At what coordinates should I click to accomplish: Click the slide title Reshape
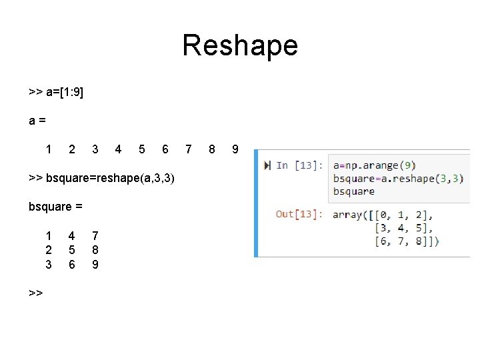[x=240, y=45]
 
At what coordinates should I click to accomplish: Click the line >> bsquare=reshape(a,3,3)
[x=102, y=178]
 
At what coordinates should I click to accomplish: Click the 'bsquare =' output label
[x=55, y=206]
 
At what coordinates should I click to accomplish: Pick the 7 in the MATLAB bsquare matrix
[x=95, y=235]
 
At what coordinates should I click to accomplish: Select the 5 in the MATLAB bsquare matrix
[x=71, y=249]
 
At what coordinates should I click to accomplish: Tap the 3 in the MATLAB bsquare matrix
[x=49, y=264]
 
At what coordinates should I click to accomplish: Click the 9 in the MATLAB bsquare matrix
[x=95, y=264]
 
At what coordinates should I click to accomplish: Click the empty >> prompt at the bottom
[x=36, y=292]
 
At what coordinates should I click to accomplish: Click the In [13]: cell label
[x=300, y=165]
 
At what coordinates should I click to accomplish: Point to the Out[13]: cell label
[x=300, y=215]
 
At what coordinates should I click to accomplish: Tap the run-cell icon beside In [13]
[x=267, y=165]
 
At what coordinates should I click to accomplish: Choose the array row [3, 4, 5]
[x=404, y=228]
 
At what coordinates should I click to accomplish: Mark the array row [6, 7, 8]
[x=404, y=241]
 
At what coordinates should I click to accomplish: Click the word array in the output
[x=347, y=215]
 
